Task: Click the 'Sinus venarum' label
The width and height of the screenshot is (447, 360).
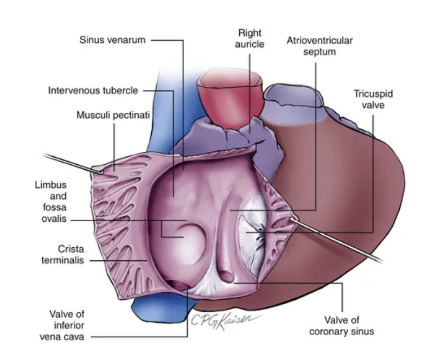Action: click(113, 40)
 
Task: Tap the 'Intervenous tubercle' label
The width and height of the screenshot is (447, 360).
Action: click(93, 91)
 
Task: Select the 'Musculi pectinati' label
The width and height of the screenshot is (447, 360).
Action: click(113, 115)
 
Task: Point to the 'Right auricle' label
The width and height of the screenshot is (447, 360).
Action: click(250, 38)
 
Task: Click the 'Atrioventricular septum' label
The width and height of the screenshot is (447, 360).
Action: click(320, 46)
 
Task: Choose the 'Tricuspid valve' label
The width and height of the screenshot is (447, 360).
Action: click(373, 99)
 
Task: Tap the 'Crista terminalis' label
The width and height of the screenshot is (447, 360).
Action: click(63, 255)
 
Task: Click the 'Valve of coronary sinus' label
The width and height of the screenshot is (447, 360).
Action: click(342, 326)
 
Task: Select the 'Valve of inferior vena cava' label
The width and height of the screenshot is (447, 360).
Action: click(62, 325)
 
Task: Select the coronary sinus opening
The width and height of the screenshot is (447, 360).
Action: click(227, 277)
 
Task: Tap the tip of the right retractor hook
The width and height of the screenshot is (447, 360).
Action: click(292, 219)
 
